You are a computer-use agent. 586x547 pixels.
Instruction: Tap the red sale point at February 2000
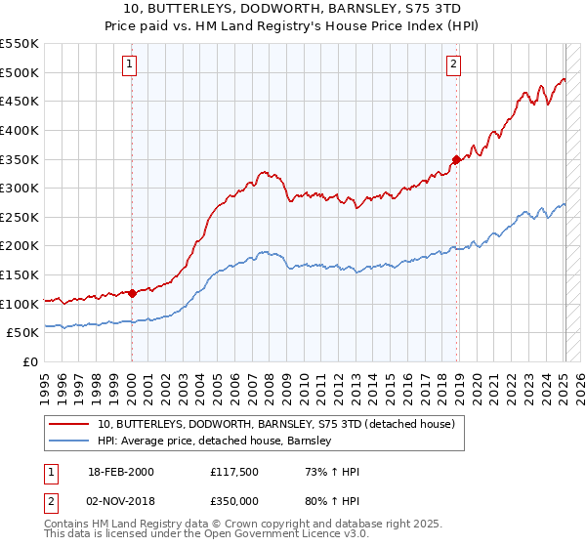[132, 293]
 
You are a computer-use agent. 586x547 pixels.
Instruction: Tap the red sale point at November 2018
[456, 159]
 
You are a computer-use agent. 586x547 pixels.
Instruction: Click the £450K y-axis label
[20, 101]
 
